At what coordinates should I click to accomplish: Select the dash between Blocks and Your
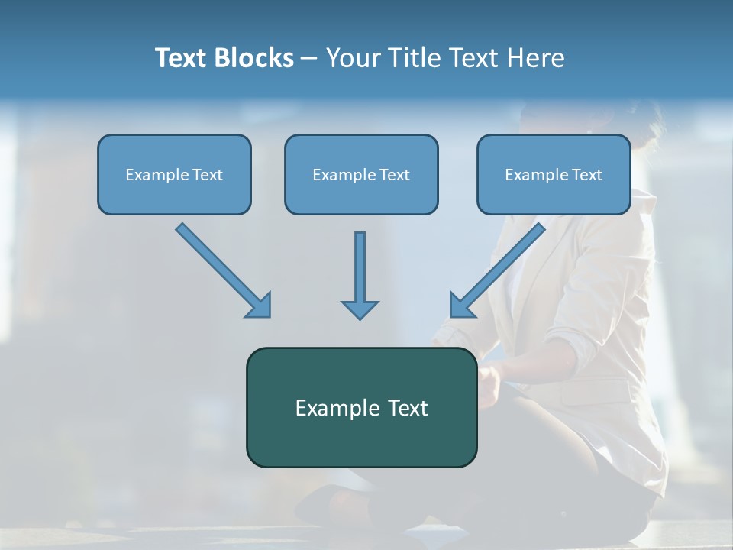click(309, 59)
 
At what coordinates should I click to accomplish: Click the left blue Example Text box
click(174, 174)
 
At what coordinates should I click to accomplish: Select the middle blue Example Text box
click(361, 174)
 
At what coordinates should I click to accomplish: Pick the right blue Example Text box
click(554, 174)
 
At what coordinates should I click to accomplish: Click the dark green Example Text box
click(361, 407)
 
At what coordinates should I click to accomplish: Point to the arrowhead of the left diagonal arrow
click(260, 305)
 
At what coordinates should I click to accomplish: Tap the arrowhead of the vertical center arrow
click(360, 309)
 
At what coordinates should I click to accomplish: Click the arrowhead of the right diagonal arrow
click(461, 305)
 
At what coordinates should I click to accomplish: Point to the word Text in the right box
click(586, 174)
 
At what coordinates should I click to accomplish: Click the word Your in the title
click(353, 58)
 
